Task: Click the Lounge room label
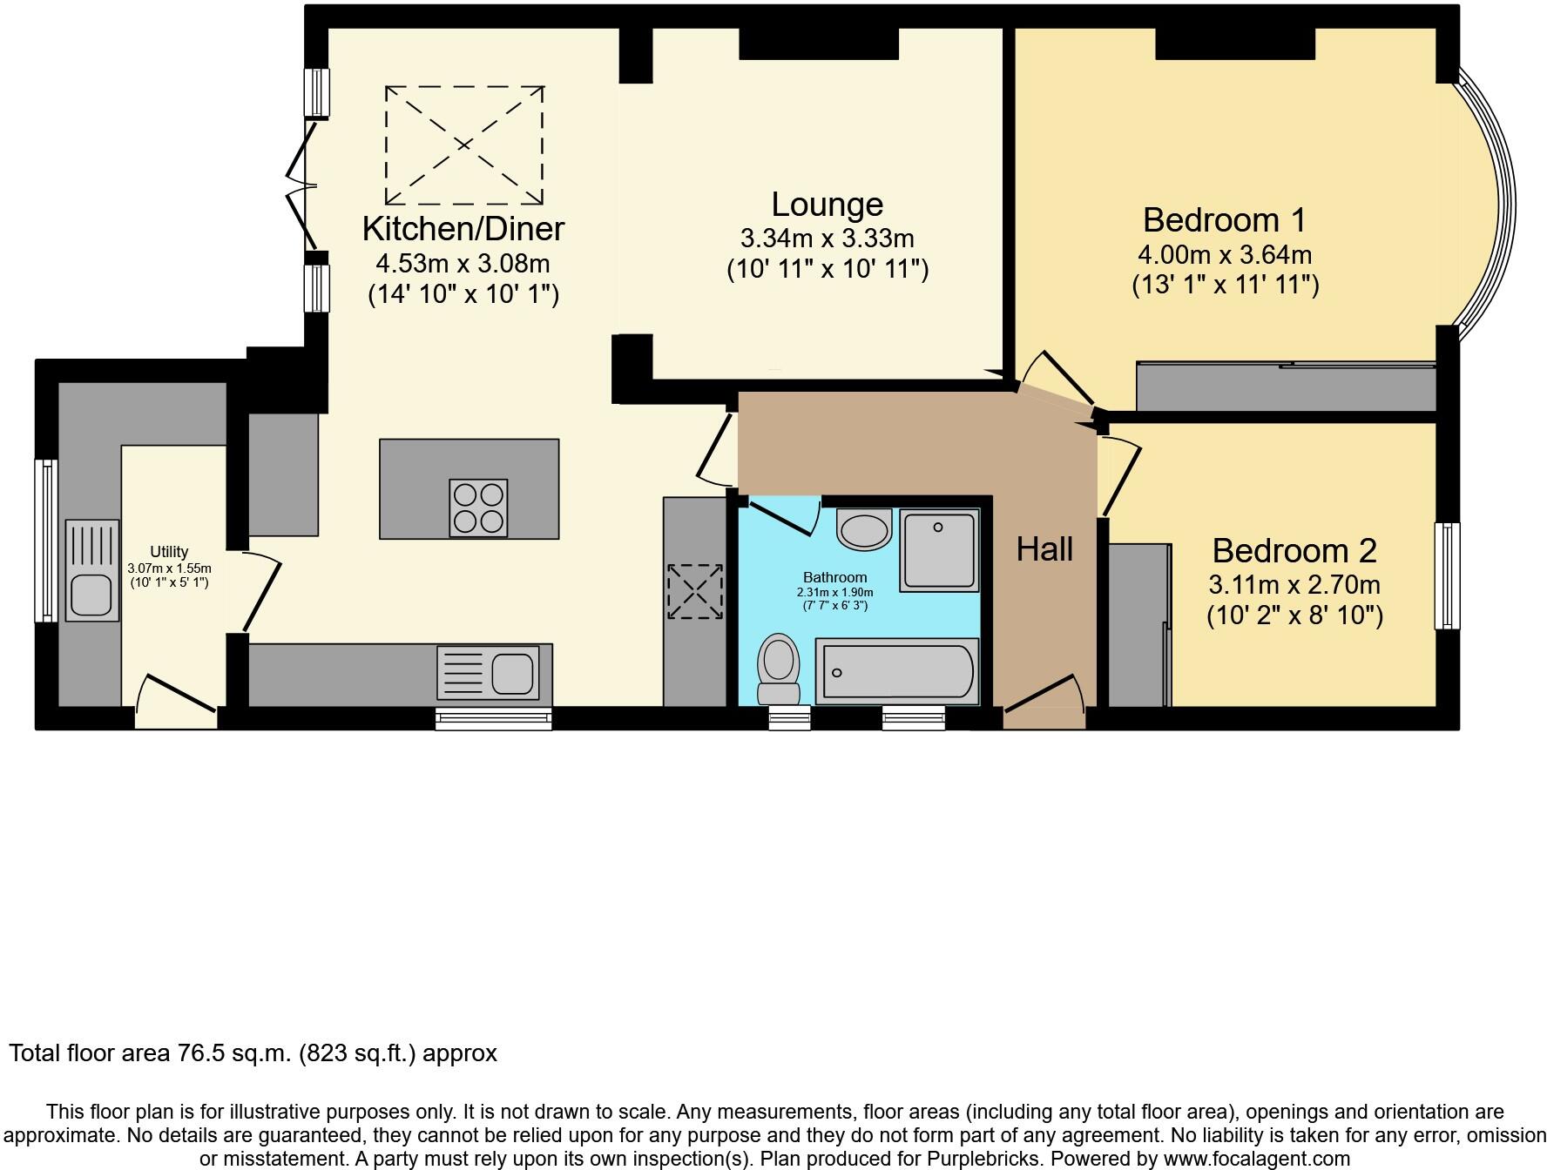point(827,205)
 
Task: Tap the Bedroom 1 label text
point(1224,220)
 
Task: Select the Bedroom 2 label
point(1294,551)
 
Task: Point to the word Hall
point(1044,549)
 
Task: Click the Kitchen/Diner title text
point(463,229)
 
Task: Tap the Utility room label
point(169,552)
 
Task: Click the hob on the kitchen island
point(478,508)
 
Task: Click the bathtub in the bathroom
point(896,671)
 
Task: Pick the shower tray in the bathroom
point(939,551)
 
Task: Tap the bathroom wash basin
point(864,529)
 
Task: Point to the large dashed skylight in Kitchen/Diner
point(464,145)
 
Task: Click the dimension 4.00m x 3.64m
point(1224,255)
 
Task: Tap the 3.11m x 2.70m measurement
point(1294,585)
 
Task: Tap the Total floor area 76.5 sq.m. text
point(253,1053)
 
